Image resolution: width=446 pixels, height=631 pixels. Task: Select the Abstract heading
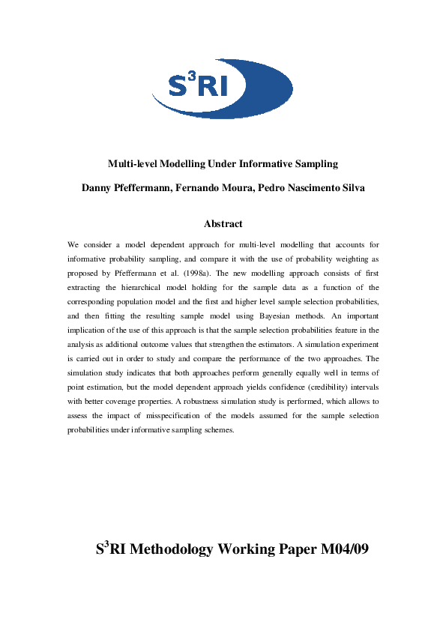click(x=223, y=223)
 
